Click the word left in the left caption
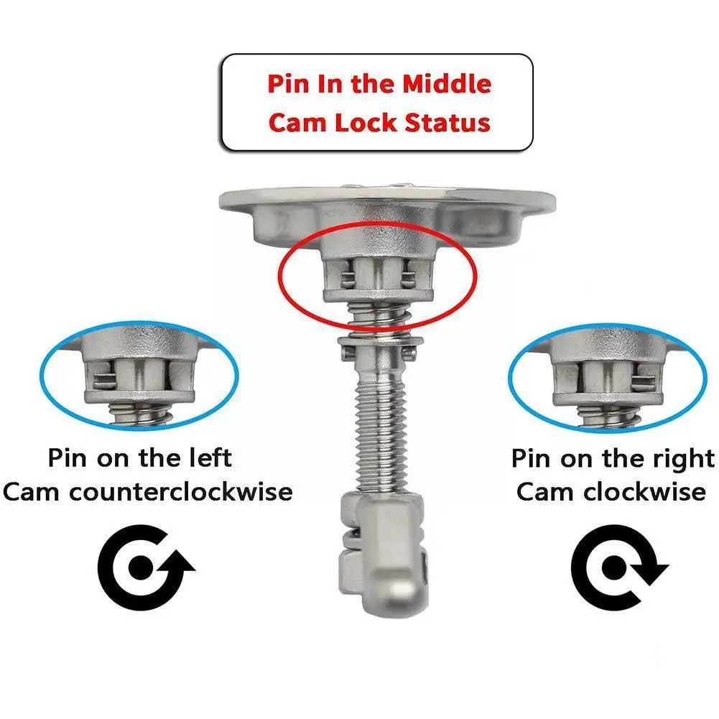[208, 458]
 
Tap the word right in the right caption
[677, 458]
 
